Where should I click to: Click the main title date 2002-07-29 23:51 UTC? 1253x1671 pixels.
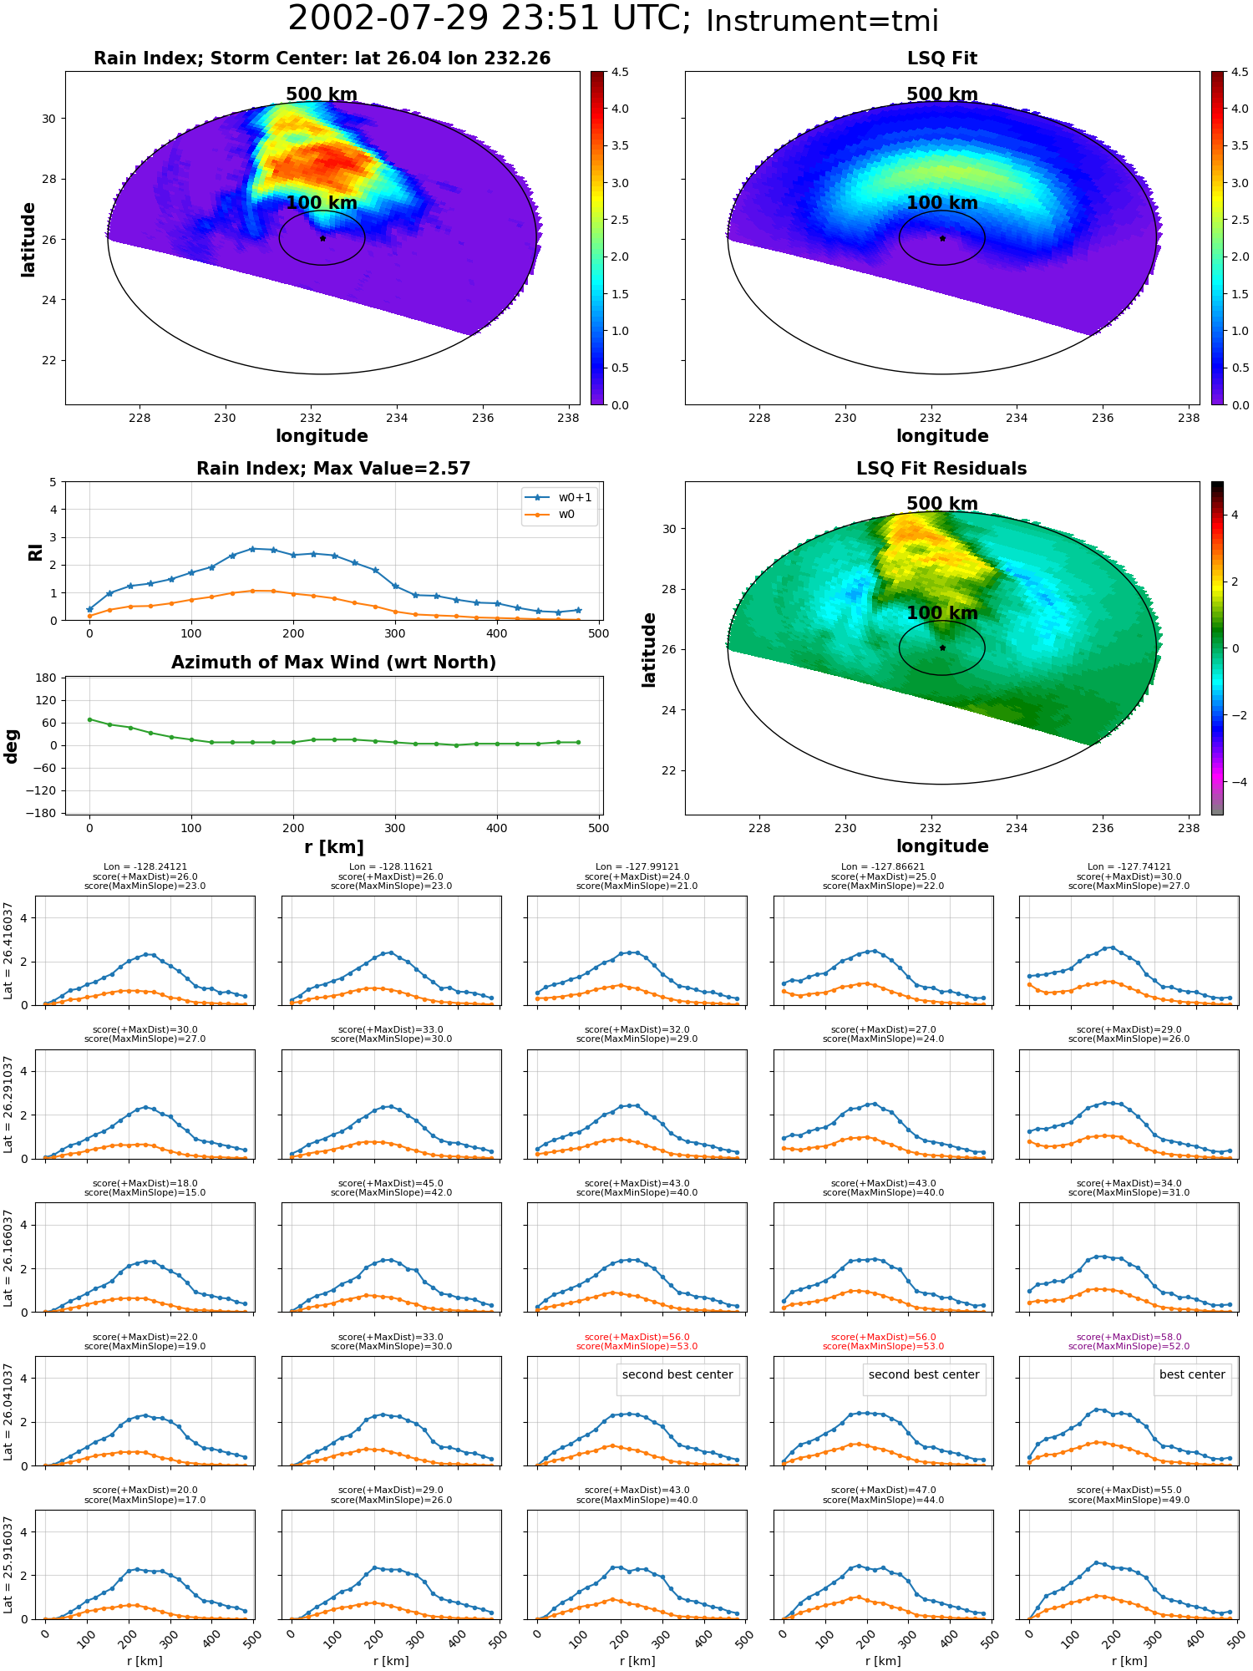tap(490, 19)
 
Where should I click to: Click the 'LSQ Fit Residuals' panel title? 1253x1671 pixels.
tap(941, 469)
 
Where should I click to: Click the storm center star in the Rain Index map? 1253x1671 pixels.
tap(322, 238)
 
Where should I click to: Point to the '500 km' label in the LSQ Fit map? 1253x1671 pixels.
tap(942, 94)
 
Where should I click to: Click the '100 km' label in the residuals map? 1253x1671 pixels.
tap(942, 612)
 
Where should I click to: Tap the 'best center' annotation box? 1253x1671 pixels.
tap(1192, 1374)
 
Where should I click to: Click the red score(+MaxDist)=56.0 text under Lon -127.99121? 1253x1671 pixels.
tap(637, 1338)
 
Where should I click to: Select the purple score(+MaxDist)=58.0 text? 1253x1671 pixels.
tap(1129, 1338)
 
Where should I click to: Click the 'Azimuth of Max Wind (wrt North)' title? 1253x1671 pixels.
tap(334, 663)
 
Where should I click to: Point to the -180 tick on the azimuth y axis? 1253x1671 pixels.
tap(47, 813)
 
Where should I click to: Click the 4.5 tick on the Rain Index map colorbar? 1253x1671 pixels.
tap(620, 72)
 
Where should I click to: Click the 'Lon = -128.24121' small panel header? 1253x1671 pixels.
tap(145, 867)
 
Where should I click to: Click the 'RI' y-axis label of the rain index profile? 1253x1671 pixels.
tap(36, 552)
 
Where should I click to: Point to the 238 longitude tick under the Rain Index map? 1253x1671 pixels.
tap(568, 418)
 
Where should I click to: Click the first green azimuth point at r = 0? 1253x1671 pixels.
tap(89, 719)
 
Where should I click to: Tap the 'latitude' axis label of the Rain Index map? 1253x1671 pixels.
tap(28, 239)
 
